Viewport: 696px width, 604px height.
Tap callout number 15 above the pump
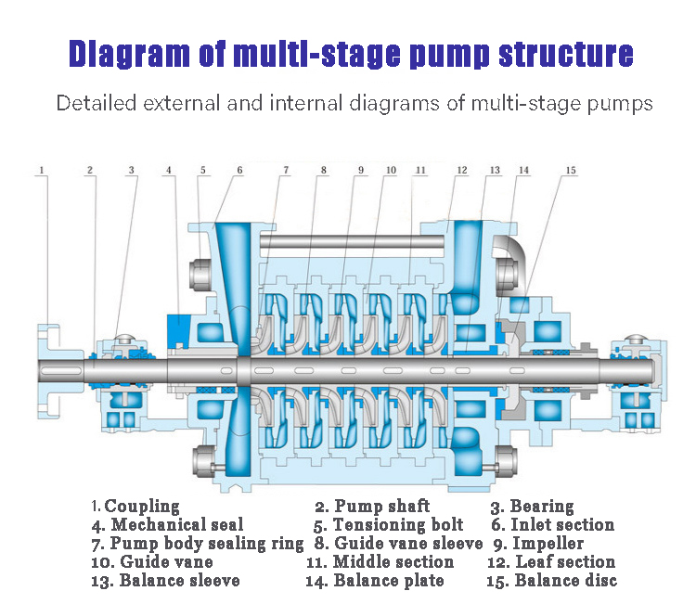coord(571,171)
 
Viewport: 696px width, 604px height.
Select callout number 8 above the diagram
coord(323,171)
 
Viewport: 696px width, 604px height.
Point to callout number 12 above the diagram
coord(461,171)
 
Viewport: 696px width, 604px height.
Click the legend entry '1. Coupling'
coord(135,507)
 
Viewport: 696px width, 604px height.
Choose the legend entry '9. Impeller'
coord(538,544)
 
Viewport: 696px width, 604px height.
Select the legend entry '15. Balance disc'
coord(551,581)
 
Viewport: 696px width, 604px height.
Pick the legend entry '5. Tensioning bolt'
coord(388,525)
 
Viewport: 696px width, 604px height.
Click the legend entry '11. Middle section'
coord(380,562)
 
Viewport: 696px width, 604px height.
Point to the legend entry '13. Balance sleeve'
coord(165,581)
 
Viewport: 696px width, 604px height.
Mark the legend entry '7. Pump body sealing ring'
coord(198,544)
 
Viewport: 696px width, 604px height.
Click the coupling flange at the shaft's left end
coord(46,368)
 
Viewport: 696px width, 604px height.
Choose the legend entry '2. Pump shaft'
coord(372,507)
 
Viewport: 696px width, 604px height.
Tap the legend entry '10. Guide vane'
coord(153,562)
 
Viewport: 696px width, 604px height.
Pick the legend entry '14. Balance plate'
coord(375,581)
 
